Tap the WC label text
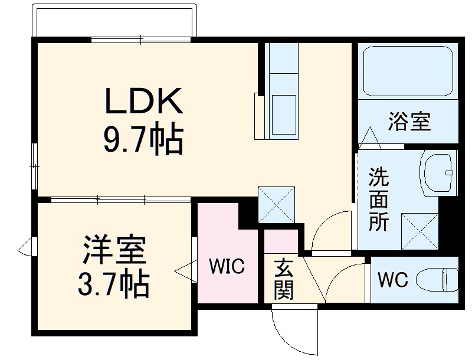[x=392, y=279]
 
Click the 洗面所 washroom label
[x=379, y=199]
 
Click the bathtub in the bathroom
[x=408, y=72]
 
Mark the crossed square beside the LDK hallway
[x=277, y=205]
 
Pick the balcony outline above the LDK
[x=115, y=21]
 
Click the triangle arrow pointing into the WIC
[x=183, y=271]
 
